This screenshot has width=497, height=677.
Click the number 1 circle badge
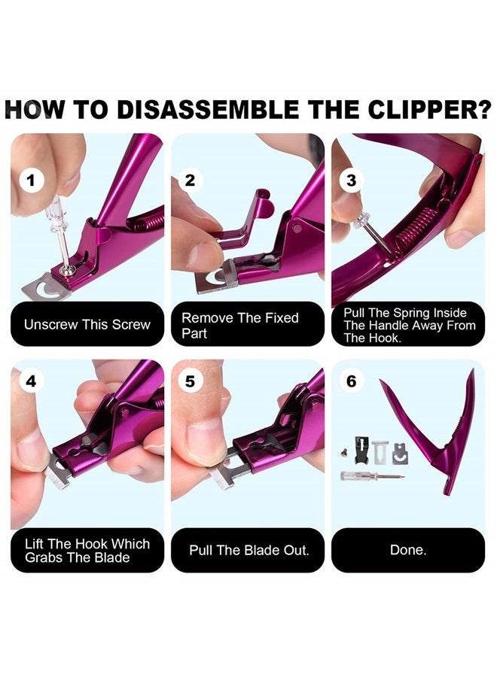[30, 181]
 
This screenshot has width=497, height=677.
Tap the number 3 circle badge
[351, 181]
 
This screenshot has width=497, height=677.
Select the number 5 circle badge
[190, 381]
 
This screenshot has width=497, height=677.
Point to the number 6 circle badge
[351, 381]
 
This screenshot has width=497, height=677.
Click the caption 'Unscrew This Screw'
[87, 325]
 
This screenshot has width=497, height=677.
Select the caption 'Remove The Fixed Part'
[239, 325]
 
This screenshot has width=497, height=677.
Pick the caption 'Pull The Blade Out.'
[248, 551]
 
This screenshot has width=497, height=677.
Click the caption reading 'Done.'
[407, 551]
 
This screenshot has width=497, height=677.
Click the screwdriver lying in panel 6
[370, 476]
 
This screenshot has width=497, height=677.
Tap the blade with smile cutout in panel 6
[399, 453]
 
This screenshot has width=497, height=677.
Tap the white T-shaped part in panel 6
[380, 451]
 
